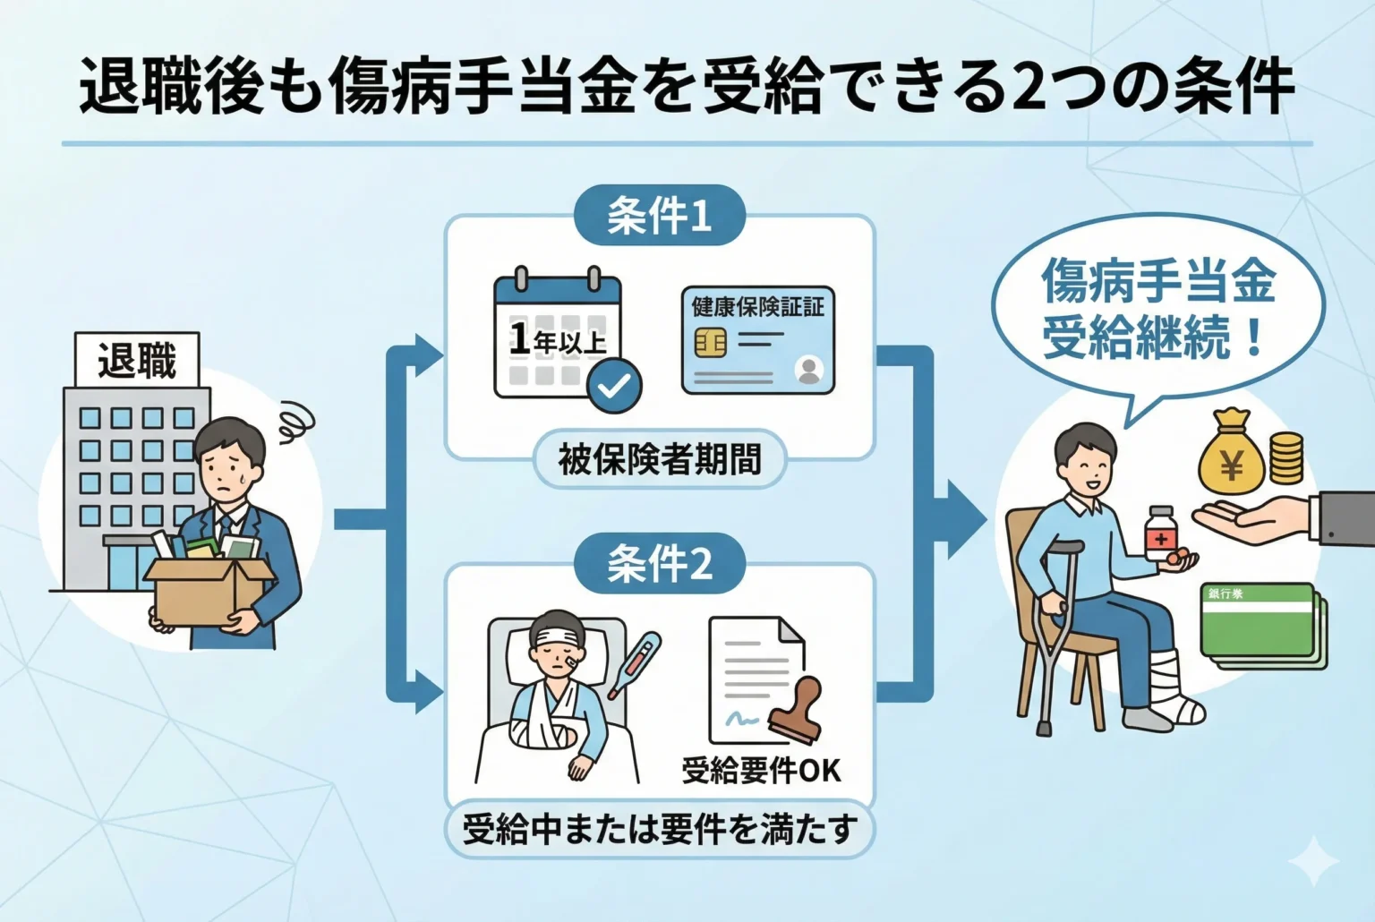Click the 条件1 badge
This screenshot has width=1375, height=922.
click(x=659, y=216)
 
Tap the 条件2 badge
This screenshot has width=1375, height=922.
click(x=659, y=564)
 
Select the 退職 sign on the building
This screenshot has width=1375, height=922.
click(x=137, y=361)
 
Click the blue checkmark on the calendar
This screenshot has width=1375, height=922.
click(x=614, y=386)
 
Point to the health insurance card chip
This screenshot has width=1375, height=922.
click(x=710, y=342)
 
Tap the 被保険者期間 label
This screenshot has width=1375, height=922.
click(x=660, y=459)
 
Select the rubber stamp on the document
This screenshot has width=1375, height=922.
click(x=795, y=711)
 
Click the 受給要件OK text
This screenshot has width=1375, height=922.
click(x=761, y=770)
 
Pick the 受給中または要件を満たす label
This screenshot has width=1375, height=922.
click(x=660, y=830)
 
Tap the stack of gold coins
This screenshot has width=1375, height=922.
click(x=1286, y=457)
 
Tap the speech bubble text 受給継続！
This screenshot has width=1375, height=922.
click(x=1155, y=339)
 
